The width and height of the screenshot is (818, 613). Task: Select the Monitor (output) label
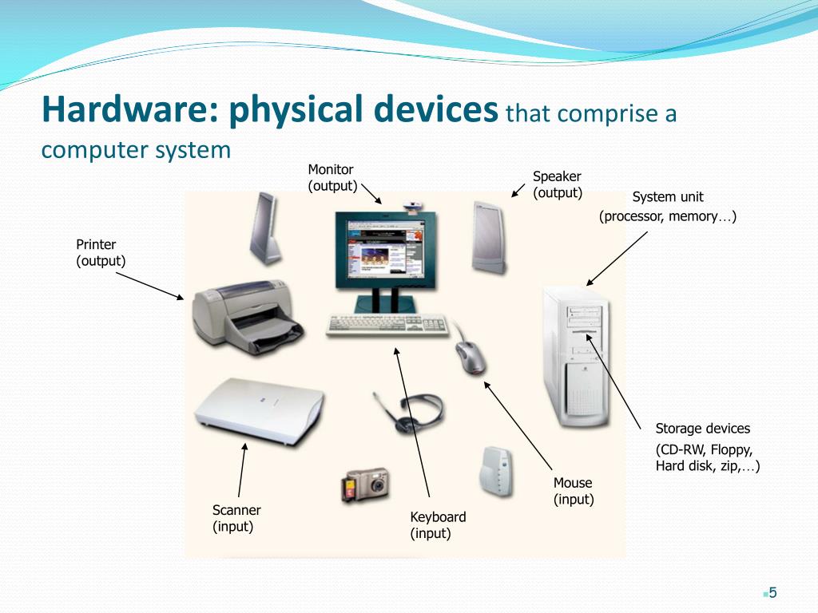click(332, 177)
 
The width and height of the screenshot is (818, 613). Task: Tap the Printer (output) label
click(101, 252)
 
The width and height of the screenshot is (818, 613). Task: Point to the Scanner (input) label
click(236, 518)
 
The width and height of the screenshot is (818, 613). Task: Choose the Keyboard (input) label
click(438, 524)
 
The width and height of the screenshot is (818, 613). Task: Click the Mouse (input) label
click(574, 491)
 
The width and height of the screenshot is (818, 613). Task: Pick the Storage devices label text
click(703, 429)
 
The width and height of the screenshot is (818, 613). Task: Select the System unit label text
click(668, 197)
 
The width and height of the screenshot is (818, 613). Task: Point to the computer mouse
click(471, 358)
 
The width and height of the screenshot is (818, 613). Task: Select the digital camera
click(366, 484)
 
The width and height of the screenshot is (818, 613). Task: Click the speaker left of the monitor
click(265, 229)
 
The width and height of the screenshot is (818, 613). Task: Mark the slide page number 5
click(772, 592)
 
